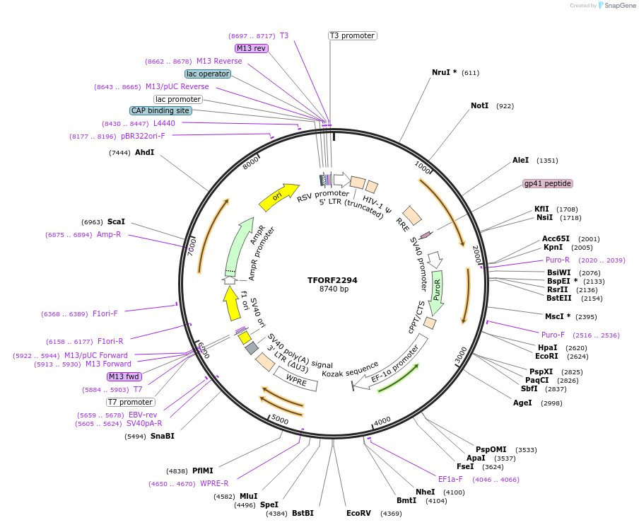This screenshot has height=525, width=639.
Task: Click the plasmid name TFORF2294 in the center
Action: [332, 280]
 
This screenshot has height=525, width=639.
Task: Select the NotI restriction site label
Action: [479, 106]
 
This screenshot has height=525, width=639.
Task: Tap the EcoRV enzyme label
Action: [358, 513]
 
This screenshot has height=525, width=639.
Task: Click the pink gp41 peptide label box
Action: [547, 183]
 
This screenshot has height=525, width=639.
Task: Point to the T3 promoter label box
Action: [352, 36]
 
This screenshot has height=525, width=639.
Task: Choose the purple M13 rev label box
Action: [252, 48]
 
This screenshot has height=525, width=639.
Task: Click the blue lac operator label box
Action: [208, 74]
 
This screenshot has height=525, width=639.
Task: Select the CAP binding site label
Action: [160, 110]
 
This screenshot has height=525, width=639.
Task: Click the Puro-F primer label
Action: [553, 335]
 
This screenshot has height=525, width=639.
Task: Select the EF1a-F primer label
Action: [450, 479]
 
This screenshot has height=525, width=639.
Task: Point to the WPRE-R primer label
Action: [214, 484]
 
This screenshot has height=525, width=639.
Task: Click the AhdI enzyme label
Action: [144, 152]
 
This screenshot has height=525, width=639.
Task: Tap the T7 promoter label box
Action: [130, 402]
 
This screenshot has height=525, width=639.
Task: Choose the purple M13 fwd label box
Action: [124, 376]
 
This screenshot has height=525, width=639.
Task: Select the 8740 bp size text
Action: [334, 289]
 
